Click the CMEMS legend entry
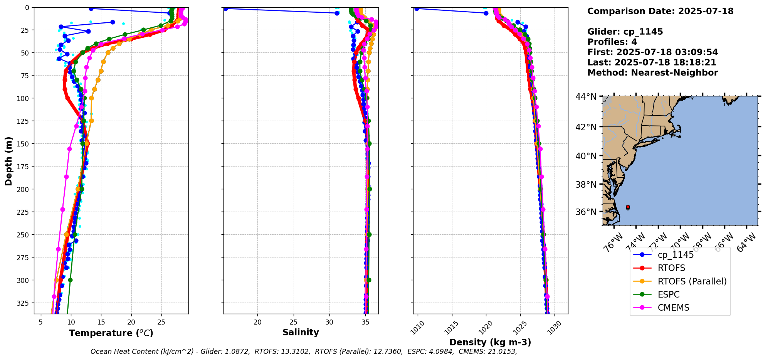[673, 308]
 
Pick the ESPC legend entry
[668, 294]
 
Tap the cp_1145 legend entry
[675, 255]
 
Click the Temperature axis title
[111, 333]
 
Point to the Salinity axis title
[301, 332]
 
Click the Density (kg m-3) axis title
[490, 342]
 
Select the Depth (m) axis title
[8, 161]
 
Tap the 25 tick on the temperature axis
[161, 322]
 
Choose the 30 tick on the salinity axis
[329, 322]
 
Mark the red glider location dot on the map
[628, 207]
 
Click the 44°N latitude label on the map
[586, 97]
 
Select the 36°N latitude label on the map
[586, 212]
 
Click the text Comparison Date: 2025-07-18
[660, 11]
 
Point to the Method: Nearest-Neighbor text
[652, 73]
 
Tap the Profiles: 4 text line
[612, 42]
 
